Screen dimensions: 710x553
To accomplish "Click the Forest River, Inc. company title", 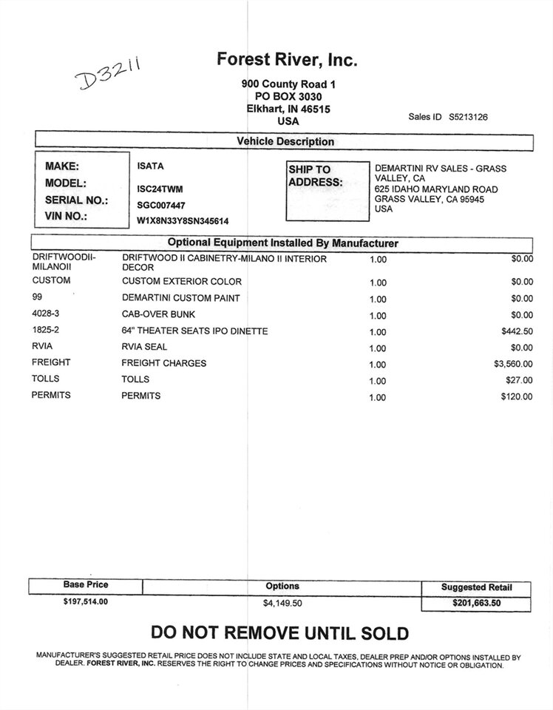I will [x=287, y=60].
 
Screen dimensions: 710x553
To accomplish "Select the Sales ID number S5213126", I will [x=468, y=117].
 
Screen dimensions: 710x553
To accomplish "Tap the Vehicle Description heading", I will [x=285, y=141].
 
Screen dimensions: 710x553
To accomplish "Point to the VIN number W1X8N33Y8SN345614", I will [x=183, y=220].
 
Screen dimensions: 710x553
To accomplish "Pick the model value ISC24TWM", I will [x=160, y=189].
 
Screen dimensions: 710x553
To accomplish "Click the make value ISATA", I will [x=150, y=166].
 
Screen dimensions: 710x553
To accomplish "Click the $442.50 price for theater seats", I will [x=517, y=331].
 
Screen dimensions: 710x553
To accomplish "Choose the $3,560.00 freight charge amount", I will [x=513, y=364].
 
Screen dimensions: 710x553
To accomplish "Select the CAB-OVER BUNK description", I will [x=158, y=314].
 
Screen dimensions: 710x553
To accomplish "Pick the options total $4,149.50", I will [x=282, y=603].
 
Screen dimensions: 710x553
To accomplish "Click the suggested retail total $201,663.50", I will [x=477, y=603].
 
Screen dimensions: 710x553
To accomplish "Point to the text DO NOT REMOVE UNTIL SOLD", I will [x=279, y=633].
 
